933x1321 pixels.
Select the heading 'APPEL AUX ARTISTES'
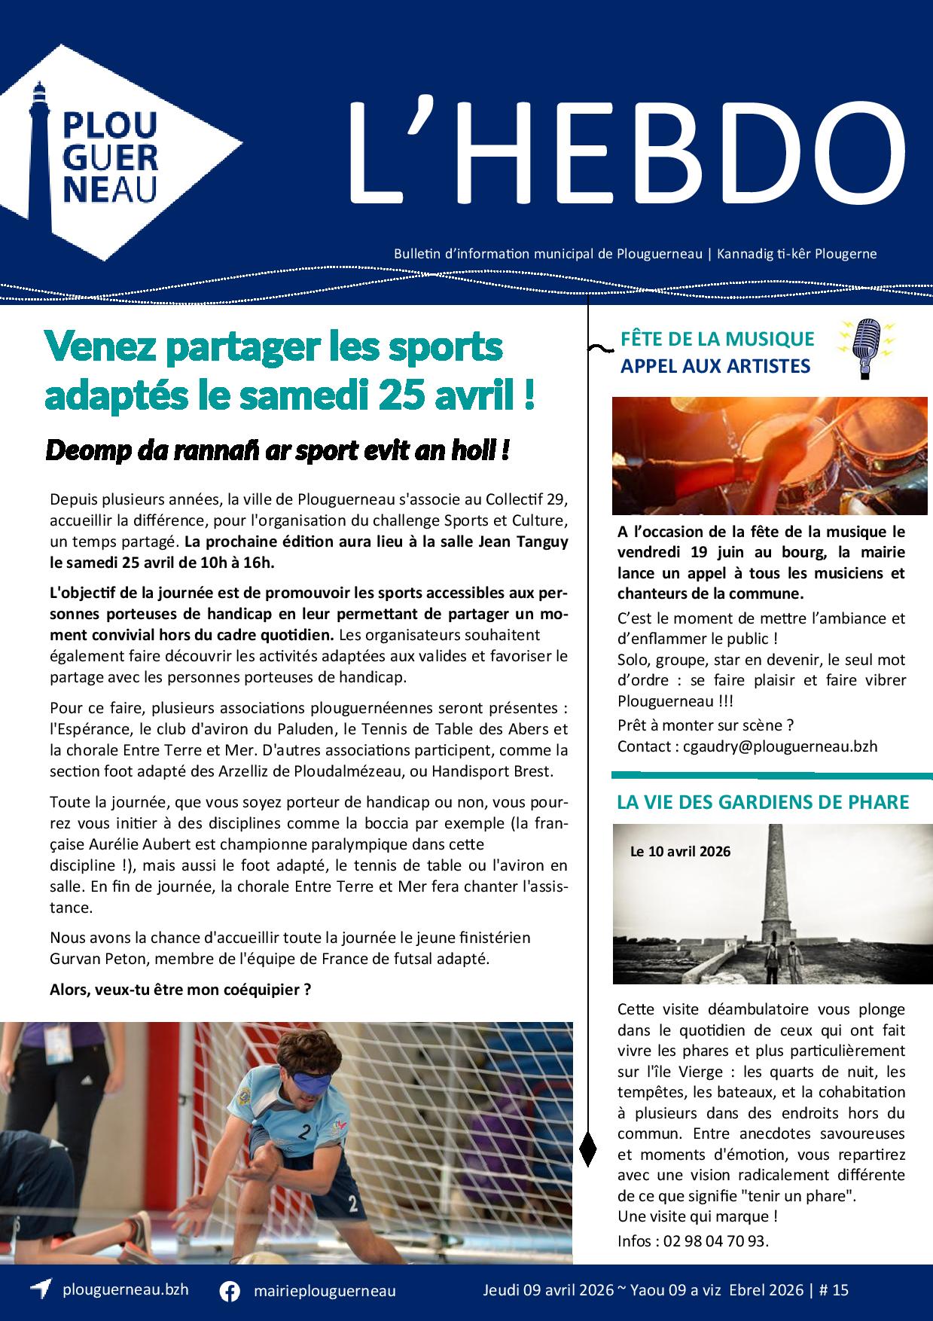pyautogui.click(x=715, y=366)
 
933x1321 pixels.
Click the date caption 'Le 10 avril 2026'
pyautogui.click(x=680, y=852)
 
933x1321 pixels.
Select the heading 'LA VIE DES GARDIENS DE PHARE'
pyautogui.click(x=763, y=801)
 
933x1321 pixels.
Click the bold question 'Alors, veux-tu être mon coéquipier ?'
pyautogui.click(x=181, y=989)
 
